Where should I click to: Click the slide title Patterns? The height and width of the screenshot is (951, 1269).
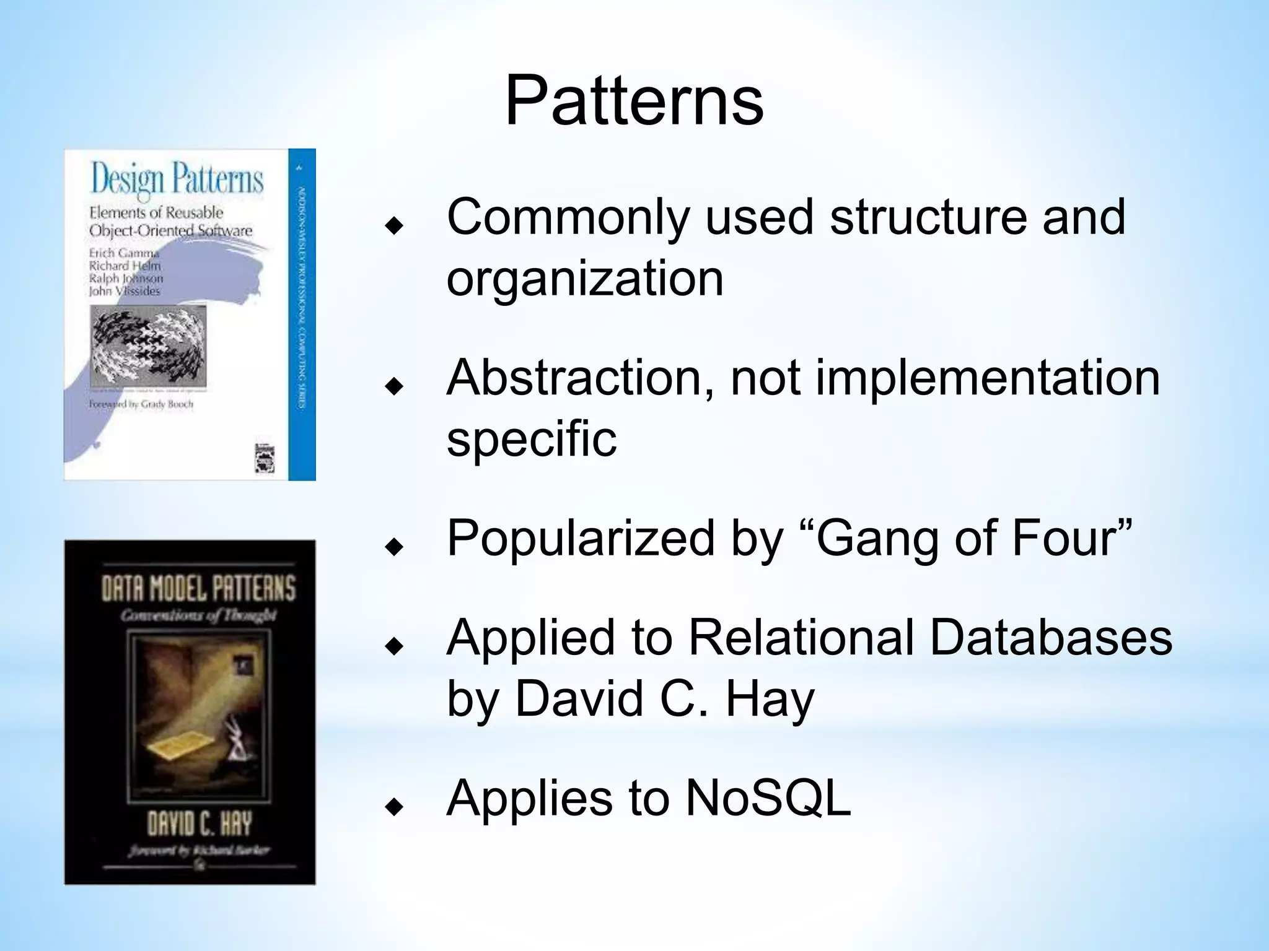coord(634,100)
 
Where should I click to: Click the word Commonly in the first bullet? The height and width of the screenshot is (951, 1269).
coord(568,217)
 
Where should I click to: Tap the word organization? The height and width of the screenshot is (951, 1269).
coord(585,279)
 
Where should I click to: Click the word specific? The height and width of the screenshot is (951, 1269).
coord(532,438)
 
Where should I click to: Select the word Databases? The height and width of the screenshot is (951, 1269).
coord(1051,638)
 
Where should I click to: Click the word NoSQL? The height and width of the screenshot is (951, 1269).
coord(768,799)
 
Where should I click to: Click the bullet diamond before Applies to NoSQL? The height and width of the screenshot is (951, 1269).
coord(394,806)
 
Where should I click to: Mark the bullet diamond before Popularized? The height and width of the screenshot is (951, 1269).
coord(394,547)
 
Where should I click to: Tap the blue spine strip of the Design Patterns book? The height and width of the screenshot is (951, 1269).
coord(302,315)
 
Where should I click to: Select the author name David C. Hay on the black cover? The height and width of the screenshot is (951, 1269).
coord(200,824)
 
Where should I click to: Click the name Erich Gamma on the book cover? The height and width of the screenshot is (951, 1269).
coord(124,253)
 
